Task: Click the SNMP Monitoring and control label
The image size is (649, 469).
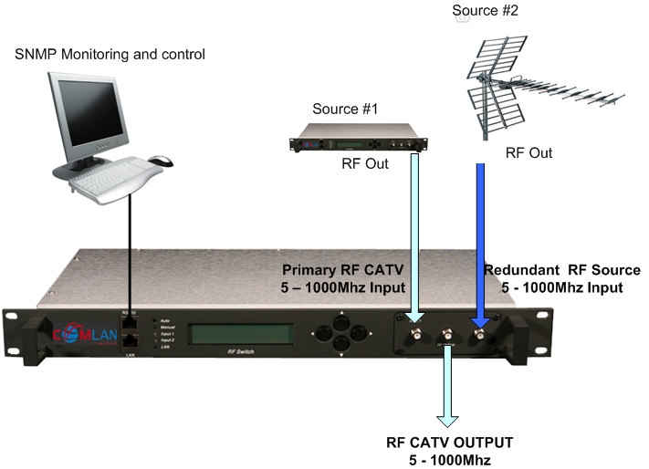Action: coord(110,55)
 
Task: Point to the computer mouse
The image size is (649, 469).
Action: coord(161,162)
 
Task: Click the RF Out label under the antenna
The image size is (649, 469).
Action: coord(529,153)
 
